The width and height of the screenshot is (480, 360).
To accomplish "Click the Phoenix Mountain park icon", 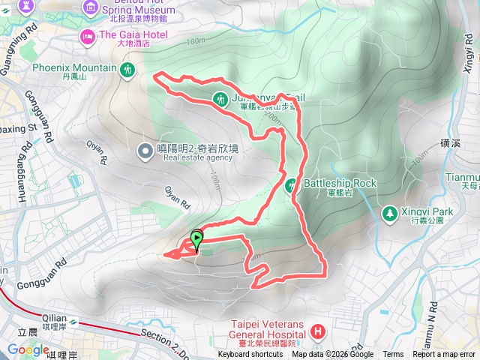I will coord(127,70).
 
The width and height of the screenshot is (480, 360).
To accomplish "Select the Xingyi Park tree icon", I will coord(389,214).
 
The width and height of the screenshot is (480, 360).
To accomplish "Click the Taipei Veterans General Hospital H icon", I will coord(318,331).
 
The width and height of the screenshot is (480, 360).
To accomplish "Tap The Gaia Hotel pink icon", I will coord(88,35).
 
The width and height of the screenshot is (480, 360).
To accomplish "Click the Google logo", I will coord(28,349).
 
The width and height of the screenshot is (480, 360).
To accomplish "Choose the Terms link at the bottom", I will coord(393,355).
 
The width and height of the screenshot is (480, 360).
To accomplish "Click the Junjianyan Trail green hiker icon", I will coord(220,97).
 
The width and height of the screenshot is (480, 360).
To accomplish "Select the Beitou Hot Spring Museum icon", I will coord(91,7).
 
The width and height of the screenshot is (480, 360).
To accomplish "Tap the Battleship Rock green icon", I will coord(292,184).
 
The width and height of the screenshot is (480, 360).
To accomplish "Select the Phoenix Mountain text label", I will coord(74,68).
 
